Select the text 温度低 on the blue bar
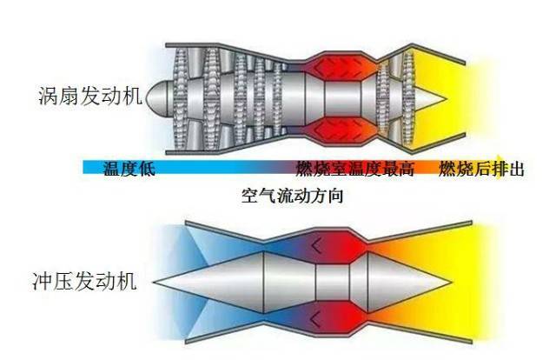(129, 169)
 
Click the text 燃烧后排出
(480, 169)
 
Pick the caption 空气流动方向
(293, 197)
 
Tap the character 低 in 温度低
(147, 169)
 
